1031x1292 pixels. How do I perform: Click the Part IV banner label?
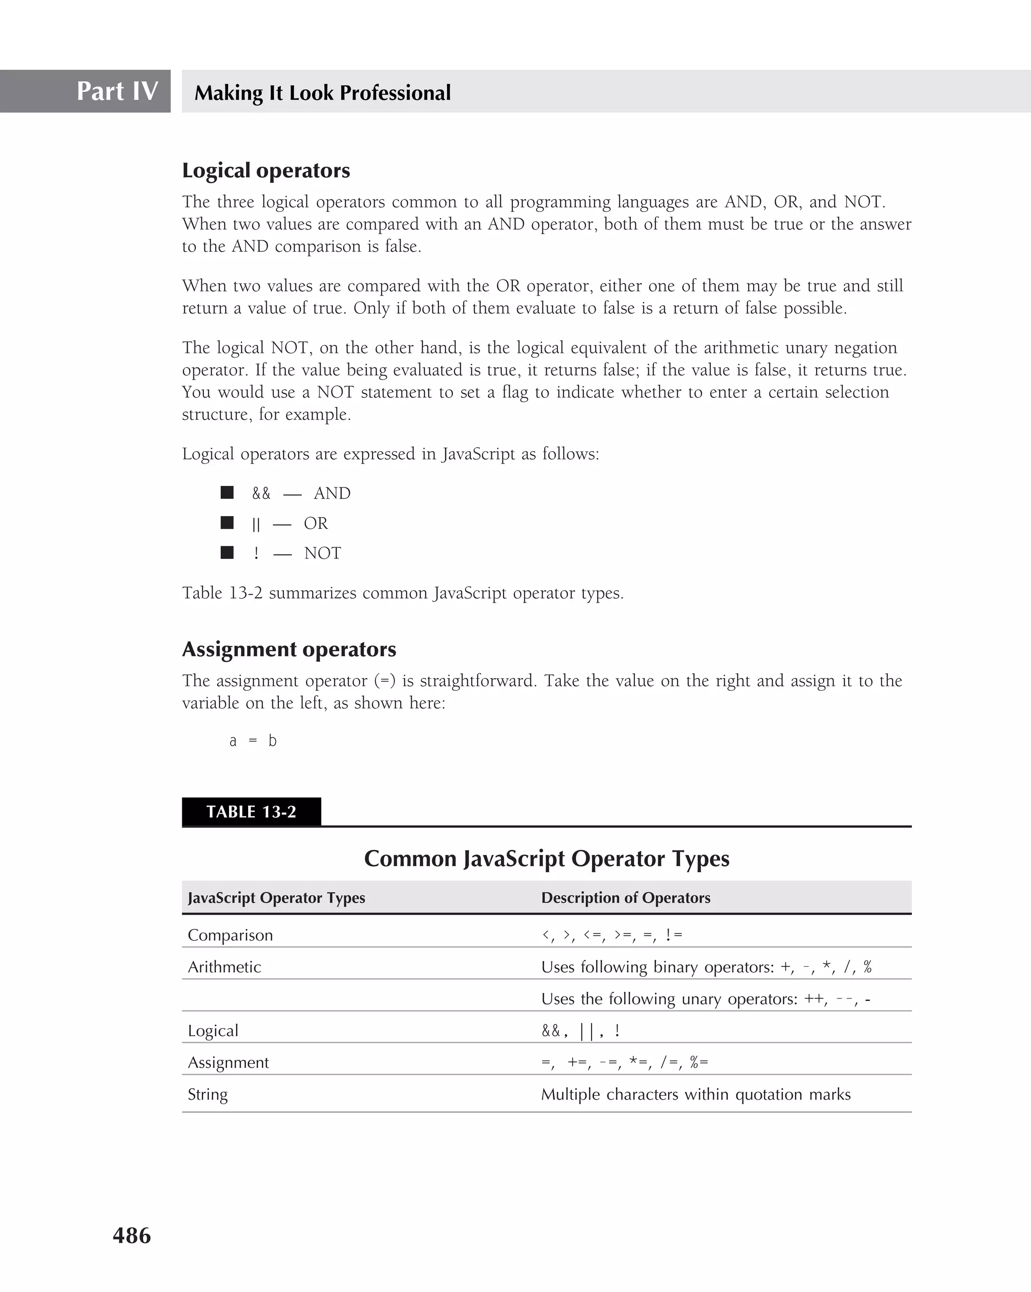click(117, 91)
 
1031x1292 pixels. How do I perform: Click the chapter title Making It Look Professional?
click(322, 93)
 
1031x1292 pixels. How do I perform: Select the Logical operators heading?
click(266, 171)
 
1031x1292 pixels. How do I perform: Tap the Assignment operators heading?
click(289, 650)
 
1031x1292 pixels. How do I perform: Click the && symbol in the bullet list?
click(261, 493)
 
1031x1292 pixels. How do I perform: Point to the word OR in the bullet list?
click(316, 523)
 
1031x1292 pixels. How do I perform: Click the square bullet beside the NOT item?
click(227, 552)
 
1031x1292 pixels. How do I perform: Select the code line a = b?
click(253, 741)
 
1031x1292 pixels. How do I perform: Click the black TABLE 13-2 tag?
click(251, 812)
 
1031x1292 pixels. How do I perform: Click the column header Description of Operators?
click(625, 898)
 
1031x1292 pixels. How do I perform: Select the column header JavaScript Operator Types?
click(276, 898)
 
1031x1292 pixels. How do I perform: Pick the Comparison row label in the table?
click(230, 936)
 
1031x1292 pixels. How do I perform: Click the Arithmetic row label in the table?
click(224, 967)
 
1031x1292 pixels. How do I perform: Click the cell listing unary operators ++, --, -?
click(705, 999)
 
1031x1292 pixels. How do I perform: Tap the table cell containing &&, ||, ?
click(580, 1031)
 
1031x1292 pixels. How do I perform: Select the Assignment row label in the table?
click(228, 1062)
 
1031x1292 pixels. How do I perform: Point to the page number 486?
click(132, 1235)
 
